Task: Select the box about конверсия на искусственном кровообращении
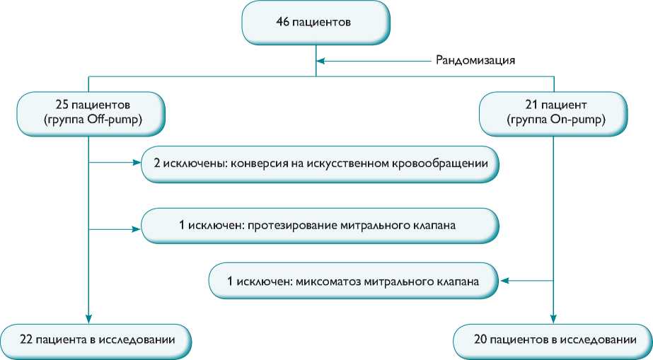click(320, 163)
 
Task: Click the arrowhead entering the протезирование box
click(137, 228)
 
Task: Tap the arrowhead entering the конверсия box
click(137, 163)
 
